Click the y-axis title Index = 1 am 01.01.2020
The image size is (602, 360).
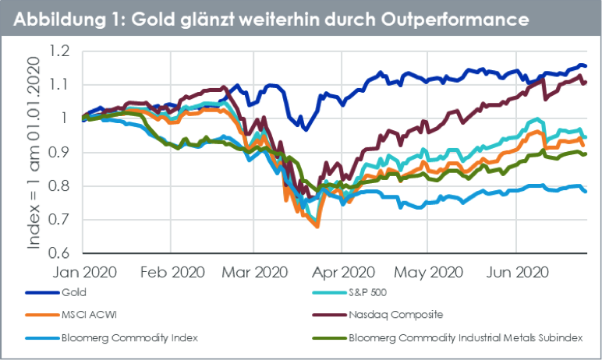click(34, 153)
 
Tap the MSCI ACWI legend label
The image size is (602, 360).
click(86, 315)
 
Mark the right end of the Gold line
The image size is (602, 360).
click(586, 66)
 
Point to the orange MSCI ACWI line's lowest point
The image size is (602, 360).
click(317, 226)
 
